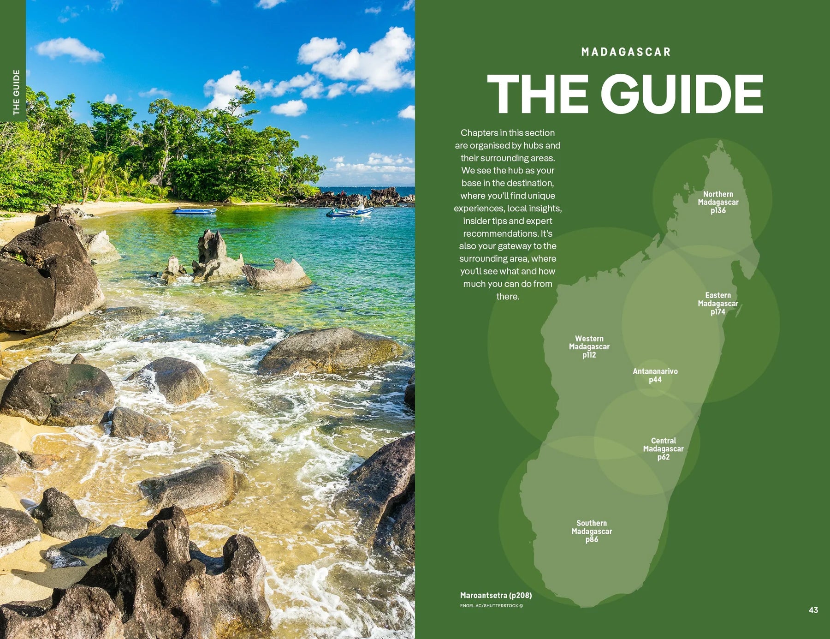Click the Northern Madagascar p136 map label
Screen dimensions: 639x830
coord(718,202)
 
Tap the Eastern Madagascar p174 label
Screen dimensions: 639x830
coord(718,303)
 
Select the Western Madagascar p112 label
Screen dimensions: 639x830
coord(589,346)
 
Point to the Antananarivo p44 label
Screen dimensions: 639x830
coord(655,375)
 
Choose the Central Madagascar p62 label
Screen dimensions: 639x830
coord(663,448)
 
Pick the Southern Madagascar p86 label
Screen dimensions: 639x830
coord(592,531)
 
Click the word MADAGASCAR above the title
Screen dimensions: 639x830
coord(626,52)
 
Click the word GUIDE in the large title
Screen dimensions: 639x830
coord(682,94)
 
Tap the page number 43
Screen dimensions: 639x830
coord(813,610)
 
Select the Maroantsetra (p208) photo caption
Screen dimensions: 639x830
coord(496,595)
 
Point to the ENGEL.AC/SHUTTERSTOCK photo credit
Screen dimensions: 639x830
coord(491,606)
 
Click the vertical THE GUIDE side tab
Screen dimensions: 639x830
coord(16,92)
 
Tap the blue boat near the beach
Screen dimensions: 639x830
coord(194,211)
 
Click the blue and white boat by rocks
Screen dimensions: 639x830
coord(350,212)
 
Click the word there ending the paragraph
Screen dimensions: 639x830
coord(507,297)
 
